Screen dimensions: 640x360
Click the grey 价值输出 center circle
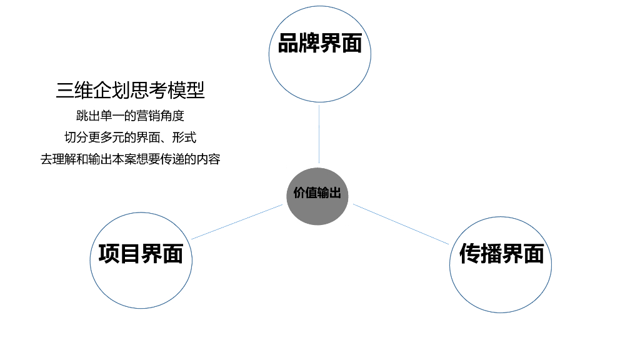tap(317, 196)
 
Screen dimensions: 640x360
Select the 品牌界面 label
tap(319, 44)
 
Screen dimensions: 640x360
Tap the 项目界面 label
tap(141, 254)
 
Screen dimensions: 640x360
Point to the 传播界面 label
tap(501, 254)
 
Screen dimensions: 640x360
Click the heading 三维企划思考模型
tap(131, 91)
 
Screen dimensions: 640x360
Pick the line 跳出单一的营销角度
tap(130, 116)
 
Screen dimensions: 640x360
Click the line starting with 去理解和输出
tap(130, 159)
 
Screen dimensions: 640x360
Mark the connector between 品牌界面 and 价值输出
tap(319, 134)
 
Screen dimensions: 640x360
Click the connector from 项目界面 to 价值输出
tap(237, 221)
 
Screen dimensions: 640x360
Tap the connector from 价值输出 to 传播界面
tap(400, 223)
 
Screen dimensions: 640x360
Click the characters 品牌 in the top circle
tap(299, 44)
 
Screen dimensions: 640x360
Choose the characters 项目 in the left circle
tap(119, 254)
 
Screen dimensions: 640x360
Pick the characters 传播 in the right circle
tap(480, 254)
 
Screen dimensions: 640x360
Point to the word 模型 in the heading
tap(190, 91)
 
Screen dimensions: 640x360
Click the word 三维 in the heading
tap(71, 91)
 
